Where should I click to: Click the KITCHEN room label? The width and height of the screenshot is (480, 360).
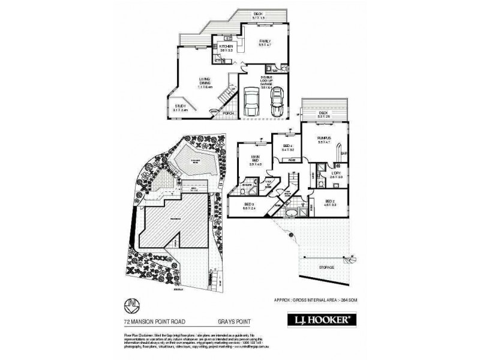(226, 46)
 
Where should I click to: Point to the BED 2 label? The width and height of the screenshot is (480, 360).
(330, 202)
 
